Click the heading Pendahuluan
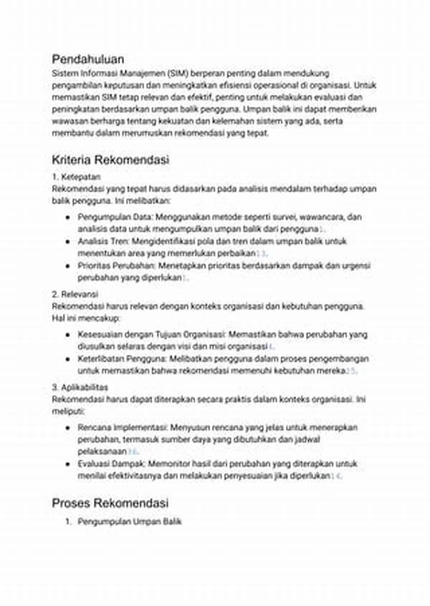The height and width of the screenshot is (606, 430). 88,59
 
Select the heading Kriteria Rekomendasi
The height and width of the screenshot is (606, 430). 110,160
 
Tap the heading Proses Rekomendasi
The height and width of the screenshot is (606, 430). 110,502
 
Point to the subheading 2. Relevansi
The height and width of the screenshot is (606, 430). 75,294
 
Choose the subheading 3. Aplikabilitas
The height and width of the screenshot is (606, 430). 80,388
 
